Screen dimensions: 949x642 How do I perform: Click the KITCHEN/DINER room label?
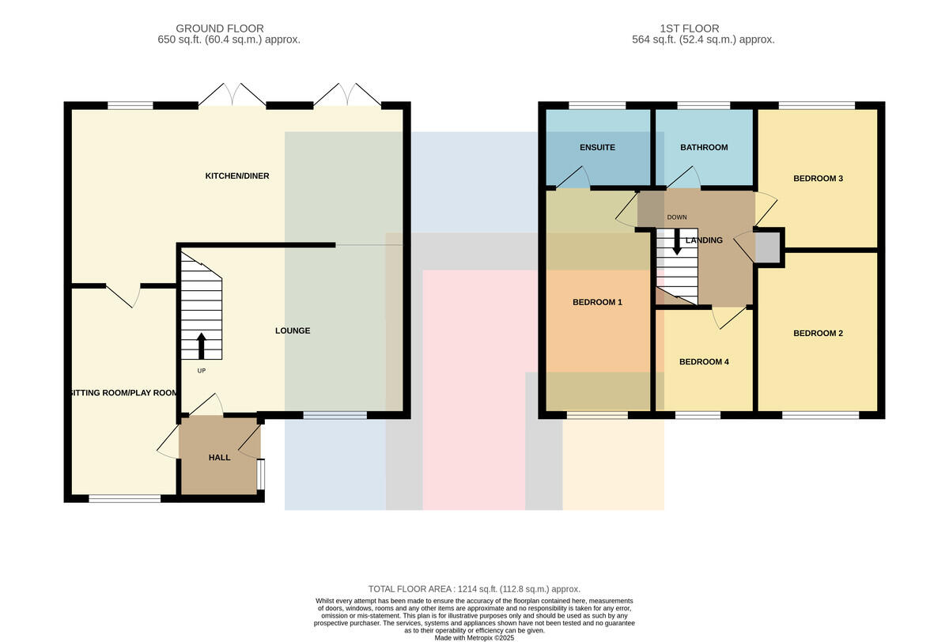[x=237, y=176]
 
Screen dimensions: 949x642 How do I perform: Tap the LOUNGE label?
[x=293, y=330]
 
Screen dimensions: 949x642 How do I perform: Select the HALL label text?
[x=220, y=457]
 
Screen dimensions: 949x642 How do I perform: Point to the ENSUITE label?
[x=597, y=147]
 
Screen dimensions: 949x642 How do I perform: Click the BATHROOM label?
[x=704, y=147]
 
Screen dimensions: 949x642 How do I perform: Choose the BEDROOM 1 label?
[x=597, y=302]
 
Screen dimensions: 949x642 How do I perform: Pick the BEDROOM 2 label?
[x=818, y=334]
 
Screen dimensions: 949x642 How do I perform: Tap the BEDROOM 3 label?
[x=818, y=178]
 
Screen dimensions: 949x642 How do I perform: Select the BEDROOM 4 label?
[x=704, y=361]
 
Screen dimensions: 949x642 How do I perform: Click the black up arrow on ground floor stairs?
[x=201, y=346]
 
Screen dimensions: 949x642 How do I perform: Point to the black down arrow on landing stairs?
[x=677, y=242]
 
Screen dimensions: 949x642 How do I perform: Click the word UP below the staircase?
[x=201, y=371]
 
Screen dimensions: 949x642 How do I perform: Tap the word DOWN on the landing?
[x=677, y=217]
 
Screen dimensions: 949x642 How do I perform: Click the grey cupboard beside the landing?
[x=768, y=247]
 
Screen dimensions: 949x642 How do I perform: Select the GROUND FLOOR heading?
[x=220, y=28]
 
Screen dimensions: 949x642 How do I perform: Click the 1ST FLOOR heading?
[x=690, y=28]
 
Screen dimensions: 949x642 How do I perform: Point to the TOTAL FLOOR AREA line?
[x=474, y=589]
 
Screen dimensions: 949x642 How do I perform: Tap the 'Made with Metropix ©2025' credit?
[x=474, y=638]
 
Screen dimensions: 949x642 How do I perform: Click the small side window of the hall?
[x=261, y=474]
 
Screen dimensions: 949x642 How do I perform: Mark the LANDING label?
[x=704, y=240]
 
